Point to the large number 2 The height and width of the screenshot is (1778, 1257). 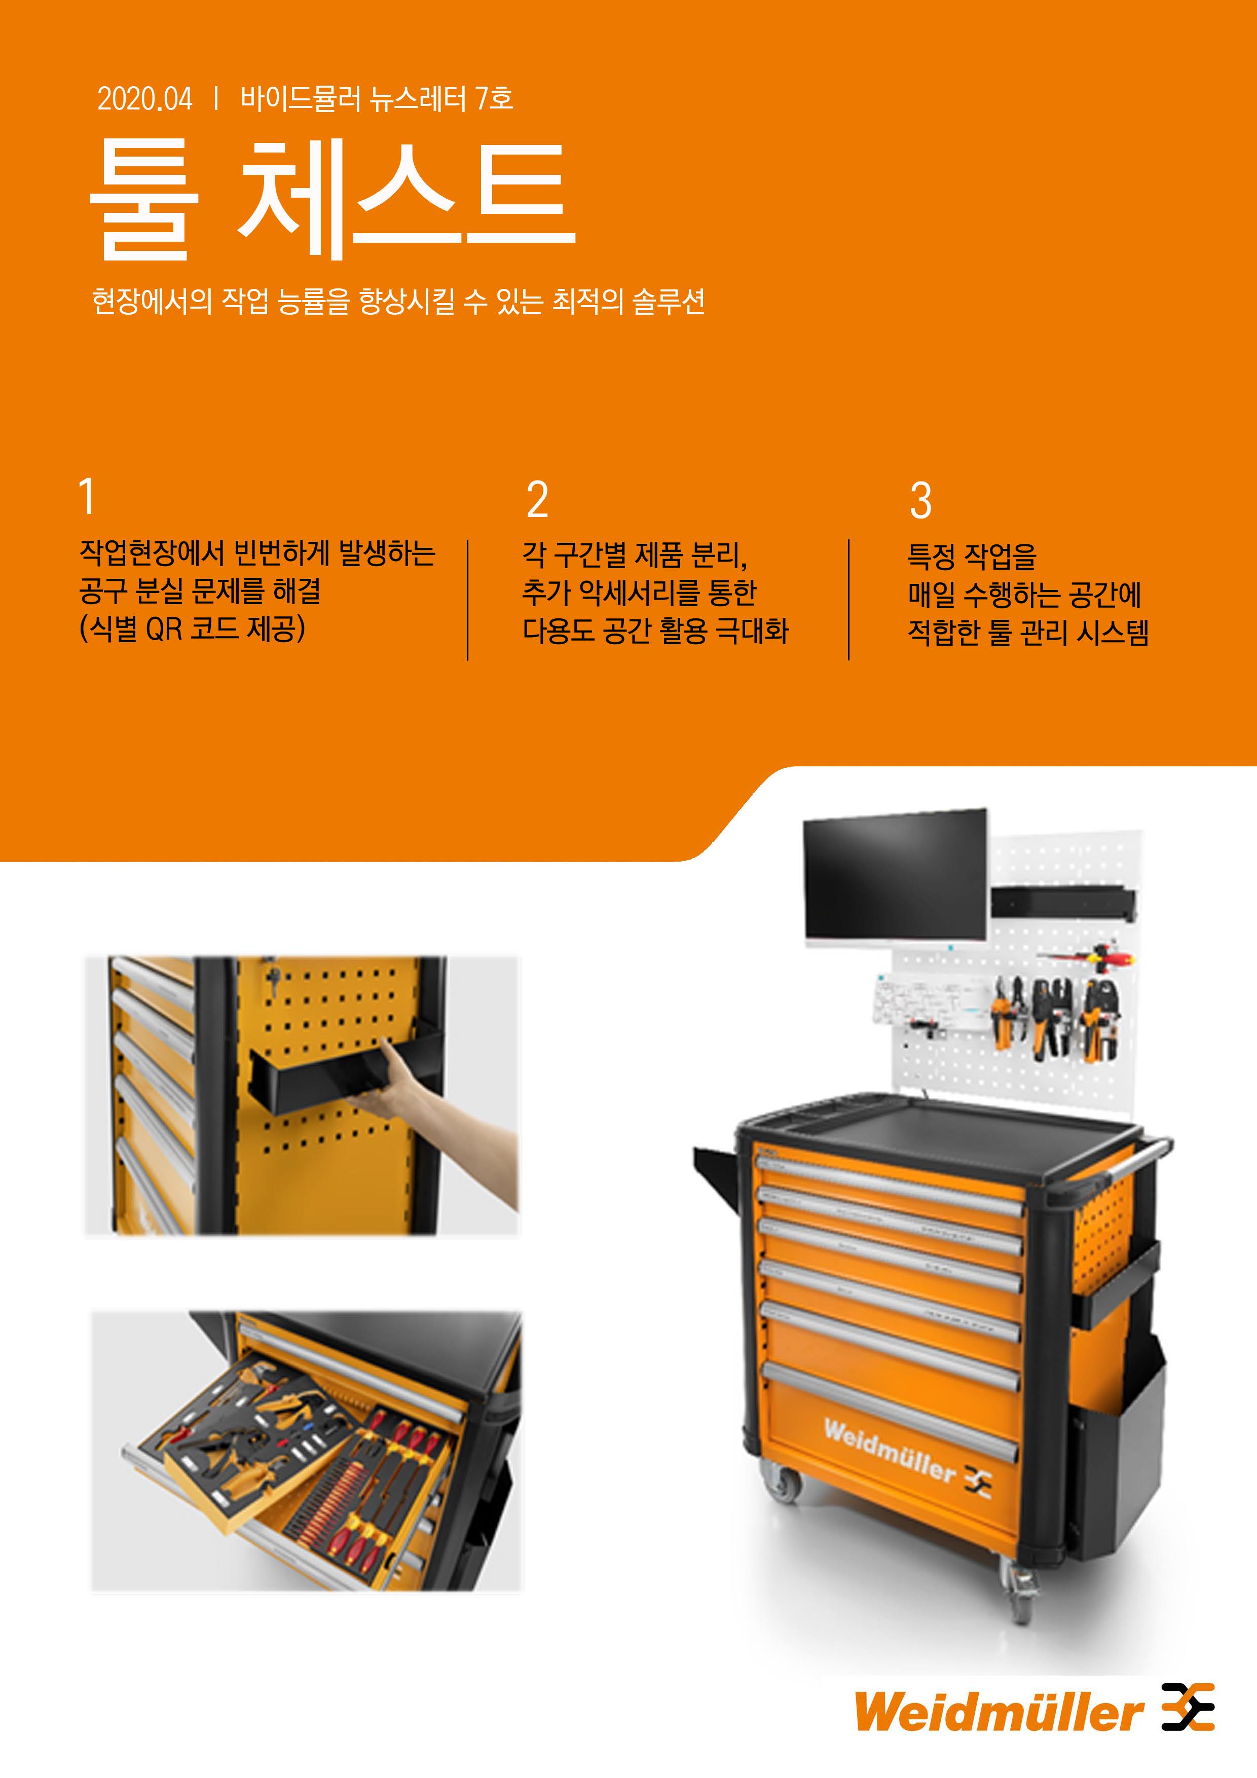click(x=537, y=499)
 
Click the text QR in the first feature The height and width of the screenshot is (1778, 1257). click(x=163, y=629)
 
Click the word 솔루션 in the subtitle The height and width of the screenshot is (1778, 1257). click(x=668, y=301)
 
